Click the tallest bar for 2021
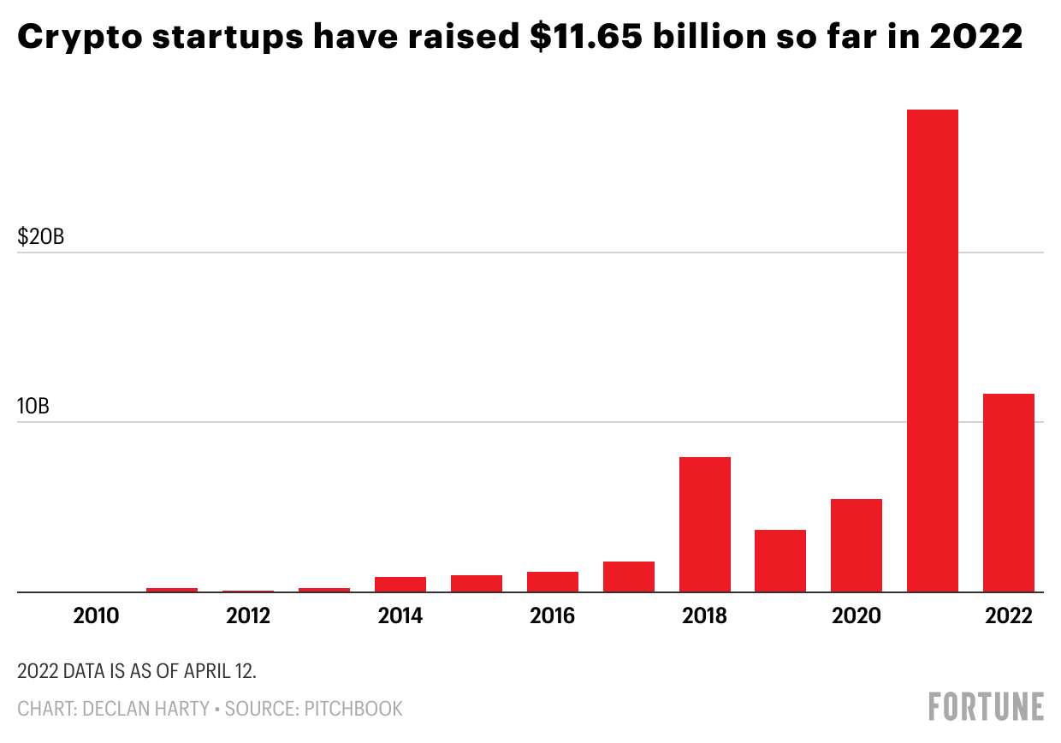tap(932, 350)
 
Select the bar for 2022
tap(1008, 492)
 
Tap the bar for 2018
tap(704, 524)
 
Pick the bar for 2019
tap(779, 561)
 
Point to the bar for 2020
tap(856, 545)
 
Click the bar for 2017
tap(628, 576)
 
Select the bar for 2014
tap(400, 584)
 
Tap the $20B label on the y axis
tap(41, 237)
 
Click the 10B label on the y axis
tap(33, 407)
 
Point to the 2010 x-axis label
tap(96, 616)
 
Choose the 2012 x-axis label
tap(248, 616)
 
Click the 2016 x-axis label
tap(552, 616)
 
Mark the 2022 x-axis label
tap(1009, 616)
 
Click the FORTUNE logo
tap(986, 707)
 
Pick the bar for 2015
tap(476, 583)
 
